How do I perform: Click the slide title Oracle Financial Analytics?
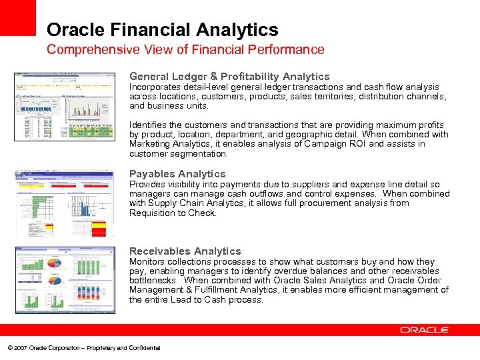click(x=162, y=30)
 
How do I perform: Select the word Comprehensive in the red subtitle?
click(x=83, y=50)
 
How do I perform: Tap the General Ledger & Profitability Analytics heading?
click(x=229, y=77)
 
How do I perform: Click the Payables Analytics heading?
click(x=177, y=174)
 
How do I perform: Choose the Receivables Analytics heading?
click(x=185, y=251)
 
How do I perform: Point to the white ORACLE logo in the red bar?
click(x=425, y=330)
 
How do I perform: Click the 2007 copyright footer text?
click(x=83, y=348)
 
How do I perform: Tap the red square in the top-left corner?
click(x=17, y=17)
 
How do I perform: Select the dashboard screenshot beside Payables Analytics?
click(x=64, y=202)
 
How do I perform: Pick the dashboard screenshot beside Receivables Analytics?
click(x=64, y=279)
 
